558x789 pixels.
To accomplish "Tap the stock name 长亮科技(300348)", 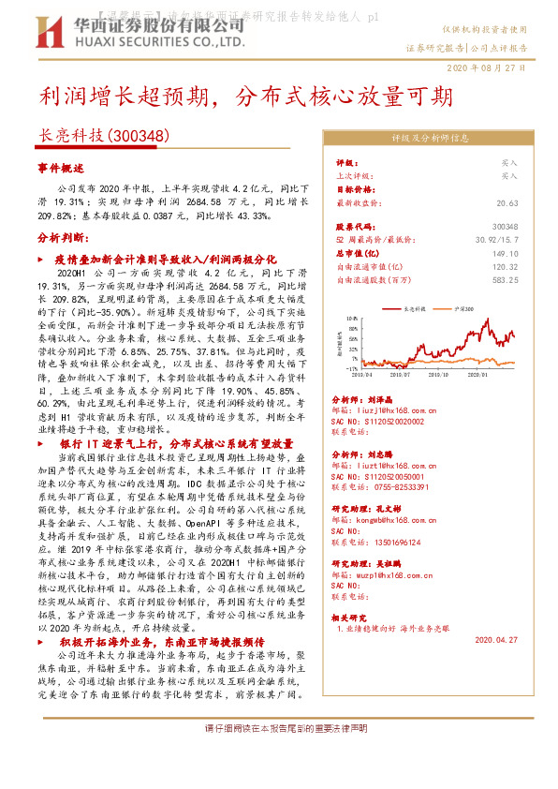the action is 102,136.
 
